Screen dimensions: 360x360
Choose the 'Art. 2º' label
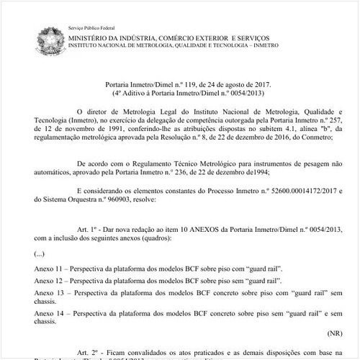[88, 348]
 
